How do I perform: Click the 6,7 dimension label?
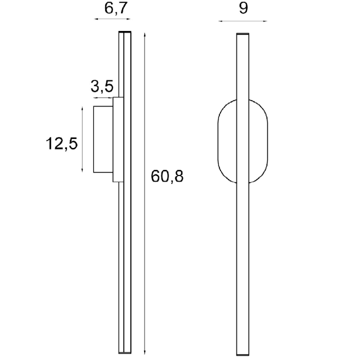(115, 8)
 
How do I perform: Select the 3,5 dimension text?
(102, 86)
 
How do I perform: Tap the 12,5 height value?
(62, 143)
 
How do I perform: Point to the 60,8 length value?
(167, 176)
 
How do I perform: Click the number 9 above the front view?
(243, 8)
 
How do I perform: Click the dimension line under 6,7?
(112, 19)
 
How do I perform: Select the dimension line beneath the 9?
(242, 21)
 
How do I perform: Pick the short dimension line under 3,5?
(103, 98)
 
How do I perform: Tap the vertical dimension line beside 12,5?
(82, 139)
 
